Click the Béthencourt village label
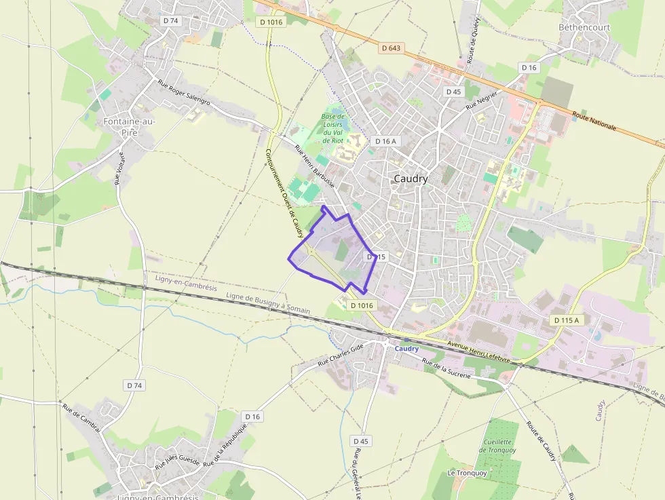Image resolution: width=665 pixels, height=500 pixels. point(584,28)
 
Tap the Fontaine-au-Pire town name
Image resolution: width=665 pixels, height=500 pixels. point(129,127)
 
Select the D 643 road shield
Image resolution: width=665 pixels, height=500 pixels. point(391,47)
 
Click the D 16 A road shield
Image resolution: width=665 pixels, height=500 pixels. point(385,140)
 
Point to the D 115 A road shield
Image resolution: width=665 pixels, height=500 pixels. point(567,320)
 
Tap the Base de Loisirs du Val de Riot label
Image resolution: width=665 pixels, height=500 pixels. point(332,128)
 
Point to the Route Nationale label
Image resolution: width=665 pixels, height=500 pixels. point(594,121)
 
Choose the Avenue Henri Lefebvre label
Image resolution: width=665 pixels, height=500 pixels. point(478,352)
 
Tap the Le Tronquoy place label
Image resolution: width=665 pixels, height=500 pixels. point(467,473)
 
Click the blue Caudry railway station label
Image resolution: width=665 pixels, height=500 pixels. point(406,349)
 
